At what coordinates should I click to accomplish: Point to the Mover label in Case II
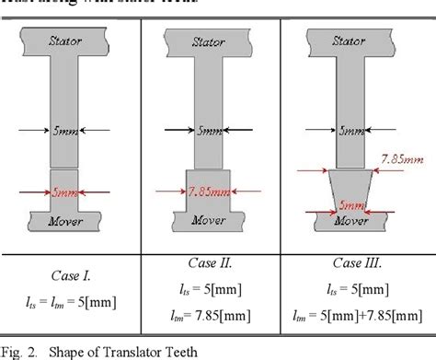coord(212,222)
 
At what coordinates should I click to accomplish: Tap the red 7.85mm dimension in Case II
coord(212,192)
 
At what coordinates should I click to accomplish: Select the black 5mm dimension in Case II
coord(212,132)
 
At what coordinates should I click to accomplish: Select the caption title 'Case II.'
coord(212,264)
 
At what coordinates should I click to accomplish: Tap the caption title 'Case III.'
coord(356,264)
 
